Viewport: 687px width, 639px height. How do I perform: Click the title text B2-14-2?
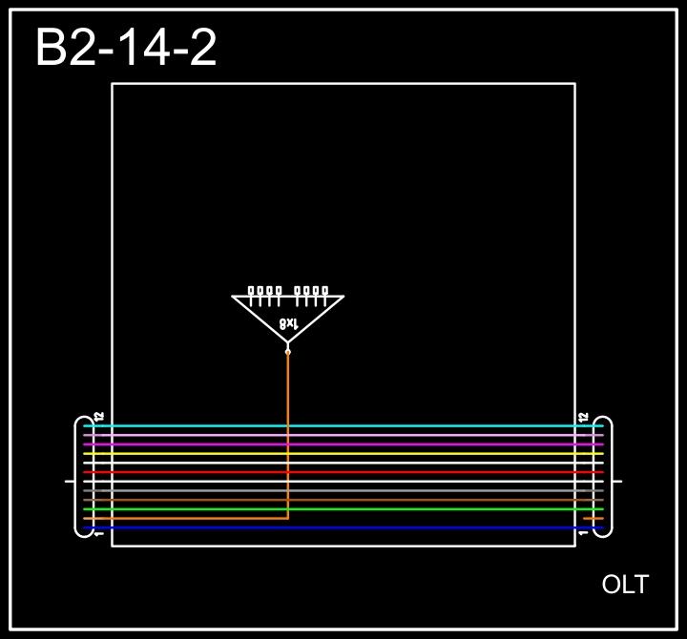pos(126,48)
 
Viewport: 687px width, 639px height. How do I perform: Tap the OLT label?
pos(625,585)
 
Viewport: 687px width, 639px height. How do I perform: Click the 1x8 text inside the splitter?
pos(288,324)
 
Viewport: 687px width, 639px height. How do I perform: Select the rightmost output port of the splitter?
pos(324,291)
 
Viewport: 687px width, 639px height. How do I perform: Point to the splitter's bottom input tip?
pos(288,351)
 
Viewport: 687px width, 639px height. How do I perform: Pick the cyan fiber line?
pos(429,425)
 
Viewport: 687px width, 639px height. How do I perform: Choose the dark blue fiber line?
pos(429,527)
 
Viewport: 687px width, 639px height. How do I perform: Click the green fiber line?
pos(429,509)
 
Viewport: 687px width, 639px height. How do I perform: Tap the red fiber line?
pos(429,472)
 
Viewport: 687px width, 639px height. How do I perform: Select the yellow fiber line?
pos(429,453)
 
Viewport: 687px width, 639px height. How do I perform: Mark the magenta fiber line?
pos(429,444)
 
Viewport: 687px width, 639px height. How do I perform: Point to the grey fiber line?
pos(429,490)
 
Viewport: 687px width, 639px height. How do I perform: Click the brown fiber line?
pos(429,500)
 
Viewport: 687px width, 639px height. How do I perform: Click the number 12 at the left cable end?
pos(98,417)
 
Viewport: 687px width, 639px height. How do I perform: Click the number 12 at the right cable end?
pos(583,417)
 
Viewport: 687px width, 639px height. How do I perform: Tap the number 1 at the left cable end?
pos(98,534)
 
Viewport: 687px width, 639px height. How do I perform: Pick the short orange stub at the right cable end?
pos(593,519)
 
